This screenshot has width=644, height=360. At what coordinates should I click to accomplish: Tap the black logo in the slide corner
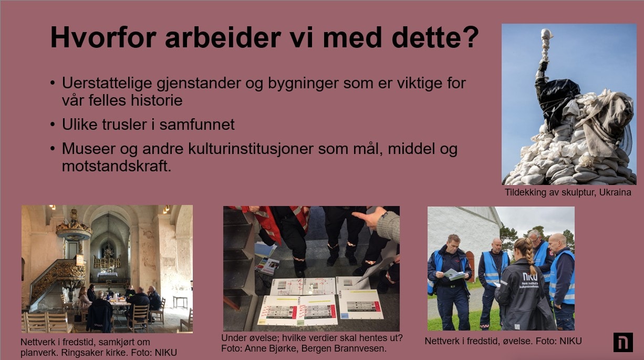pyautogui.click(x=623, y=342)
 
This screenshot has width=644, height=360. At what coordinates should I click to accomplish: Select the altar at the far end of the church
pyautogui.click(x=108, y=274)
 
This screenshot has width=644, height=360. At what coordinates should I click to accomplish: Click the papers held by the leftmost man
pyautogui.click(x=454, y=274)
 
